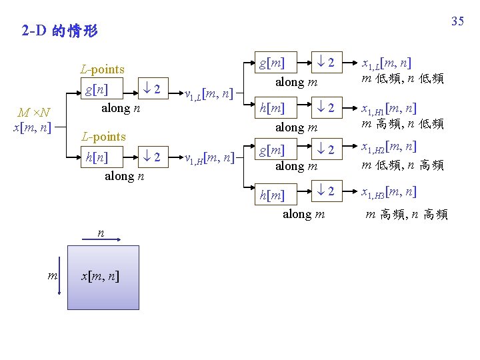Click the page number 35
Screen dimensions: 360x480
[x=457, y=21]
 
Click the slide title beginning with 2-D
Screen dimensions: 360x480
[x=59, y=31]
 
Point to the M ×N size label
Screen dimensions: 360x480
[x=33, y=111]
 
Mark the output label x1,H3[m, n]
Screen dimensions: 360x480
[x=389, y=193]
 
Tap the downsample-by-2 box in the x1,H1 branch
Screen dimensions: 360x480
[x=325, y=107]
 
